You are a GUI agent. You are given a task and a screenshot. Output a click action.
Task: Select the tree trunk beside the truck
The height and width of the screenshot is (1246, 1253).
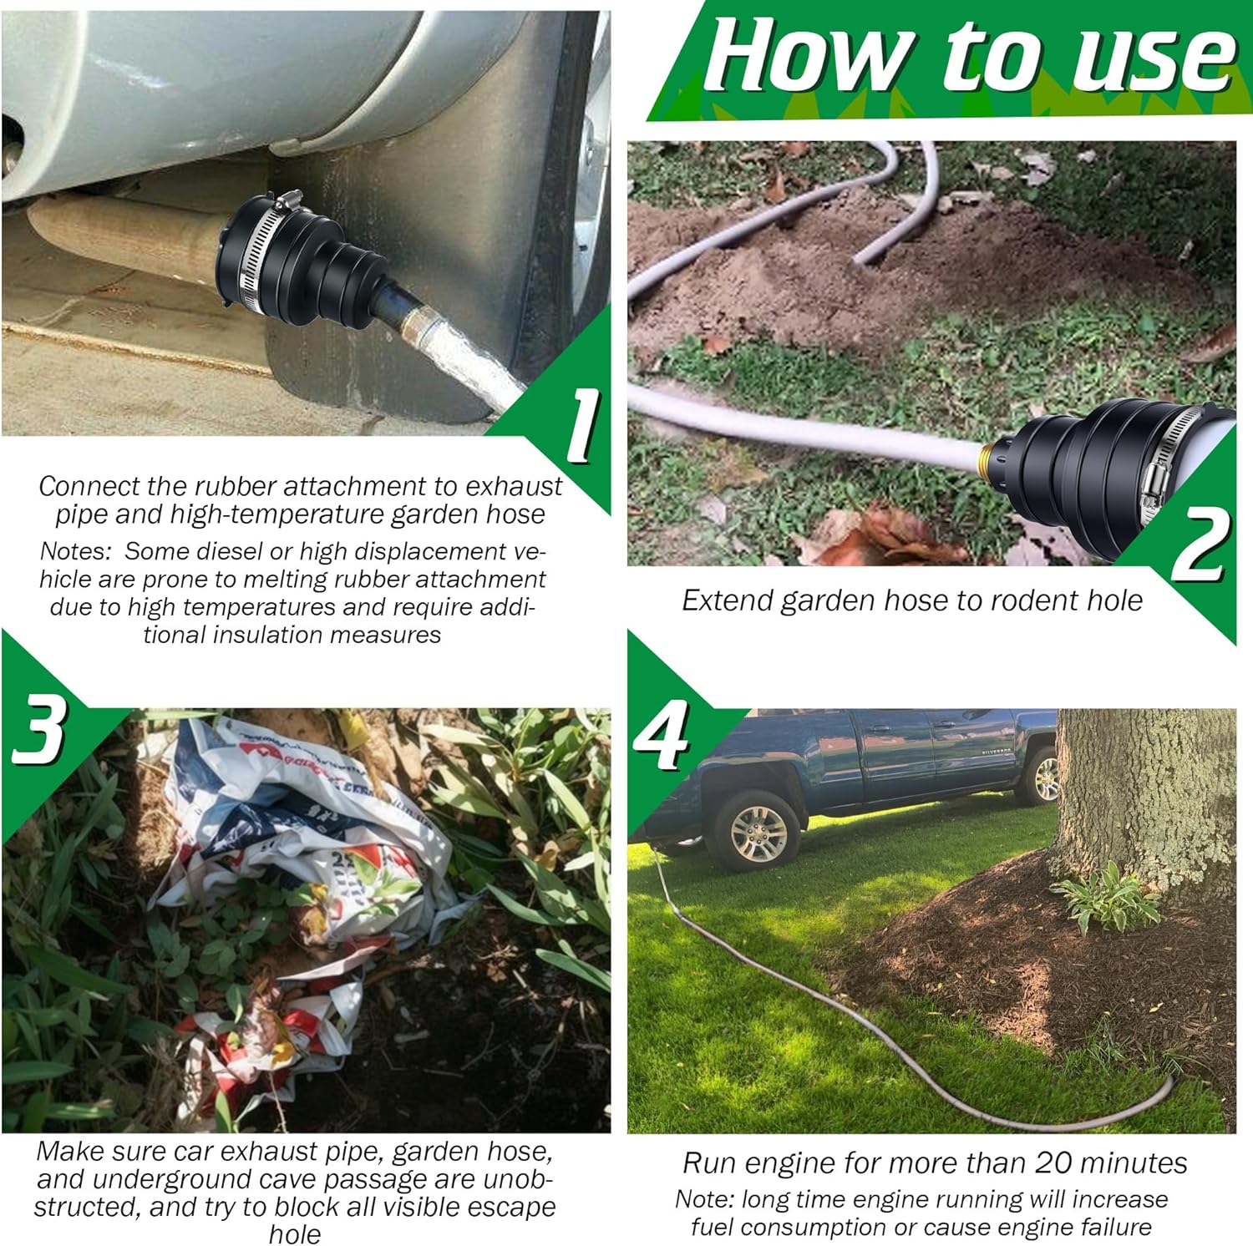(1144, 793)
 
